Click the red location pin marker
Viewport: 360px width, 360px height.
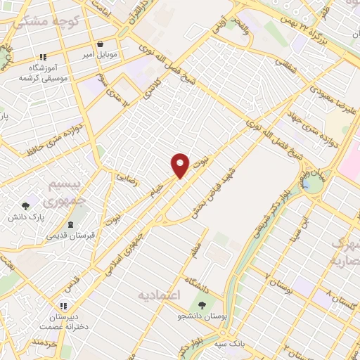(x=181, y=165)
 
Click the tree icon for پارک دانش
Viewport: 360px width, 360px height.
(x=26, y=207)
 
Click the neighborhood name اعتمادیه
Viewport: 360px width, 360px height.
(x=159, y=294)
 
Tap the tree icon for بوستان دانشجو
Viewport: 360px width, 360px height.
(x=202, y=305)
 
